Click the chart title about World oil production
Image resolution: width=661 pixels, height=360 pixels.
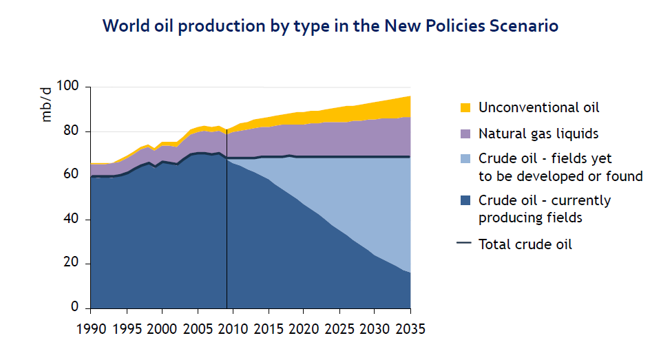click(x=330, y=26)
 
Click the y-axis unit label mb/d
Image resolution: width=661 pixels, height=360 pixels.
click(x=46, y=104)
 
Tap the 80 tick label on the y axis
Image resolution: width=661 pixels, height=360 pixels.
click(x=74, y=131)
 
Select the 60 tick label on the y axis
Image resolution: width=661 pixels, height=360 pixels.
click(x=74, y=176)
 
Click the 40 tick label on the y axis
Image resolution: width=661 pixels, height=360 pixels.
click(x=74, y=220)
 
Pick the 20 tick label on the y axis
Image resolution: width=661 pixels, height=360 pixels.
click(x=74, y=264)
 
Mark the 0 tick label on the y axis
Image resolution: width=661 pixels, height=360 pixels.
click(x=77, y=308)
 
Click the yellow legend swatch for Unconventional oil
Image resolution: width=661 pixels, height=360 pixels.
click(x=465, y=107)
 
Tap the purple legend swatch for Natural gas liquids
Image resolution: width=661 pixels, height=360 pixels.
click(x=465, y=133)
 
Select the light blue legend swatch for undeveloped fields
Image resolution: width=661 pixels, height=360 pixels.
click(x=465, y=159)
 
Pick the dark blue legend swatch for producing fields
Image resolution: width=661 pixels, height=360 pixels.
click(x=465, y=201)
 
